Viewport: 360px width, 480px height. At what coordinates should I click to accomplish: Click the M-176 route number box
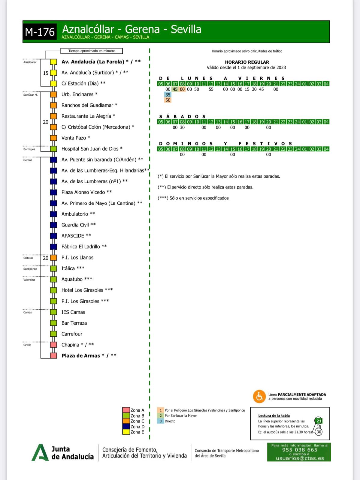point(40,32)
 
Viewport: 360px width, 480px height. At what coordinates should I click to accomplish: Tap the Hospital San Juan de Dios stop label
point(92,149)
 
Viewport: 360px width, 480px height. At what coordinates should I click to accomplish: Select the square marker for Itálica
point(53,268)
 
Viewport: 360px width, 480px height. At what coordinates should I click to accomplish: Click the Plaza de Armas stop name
point(89,356)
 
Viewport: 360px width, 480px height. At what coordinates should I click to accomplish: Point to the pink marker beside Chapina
point(53,345)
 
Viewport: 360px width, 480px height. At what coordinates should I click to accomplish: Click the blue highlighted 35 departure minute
point(168,95)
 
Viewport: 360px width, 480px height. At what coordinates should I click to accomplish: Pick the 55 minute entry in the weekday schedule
point(211,89)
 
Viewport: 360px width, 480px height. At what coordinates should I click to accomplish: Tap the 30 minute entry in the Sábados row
point(182,127)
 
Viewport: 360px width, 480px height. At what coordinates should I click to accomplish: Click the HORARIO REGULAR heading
point(247,62)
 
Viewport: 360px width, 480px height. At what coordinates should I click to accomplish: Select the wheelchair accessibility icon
point(259,396)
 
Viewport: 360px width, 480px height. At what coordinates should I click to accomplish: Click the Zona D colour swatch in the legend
point(126,427)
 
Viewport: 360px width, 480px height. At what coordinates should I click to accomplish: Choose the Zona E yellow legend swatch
point(126,432)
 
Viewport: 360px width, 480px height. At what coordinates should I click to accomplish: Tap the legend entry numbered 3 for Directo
point(161,421)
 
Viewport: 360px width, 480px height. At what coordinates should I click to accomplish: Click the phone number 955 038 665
point(299,450)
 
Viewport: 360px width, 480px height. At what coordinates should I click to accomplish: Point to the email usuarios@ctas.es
point(300,458)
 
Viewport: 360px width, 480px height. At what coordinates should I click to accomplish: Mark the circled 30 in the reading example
point(319,432)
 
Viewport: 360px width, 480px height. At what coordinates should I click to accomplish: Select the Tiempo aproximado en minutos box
point(92,51)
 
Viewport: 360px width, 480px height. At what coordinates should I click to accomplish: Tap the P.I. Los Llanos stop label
point(77,258)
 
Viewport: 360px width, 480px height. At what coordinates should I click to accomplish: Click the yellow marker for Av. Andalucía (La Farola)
point(53,62)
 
